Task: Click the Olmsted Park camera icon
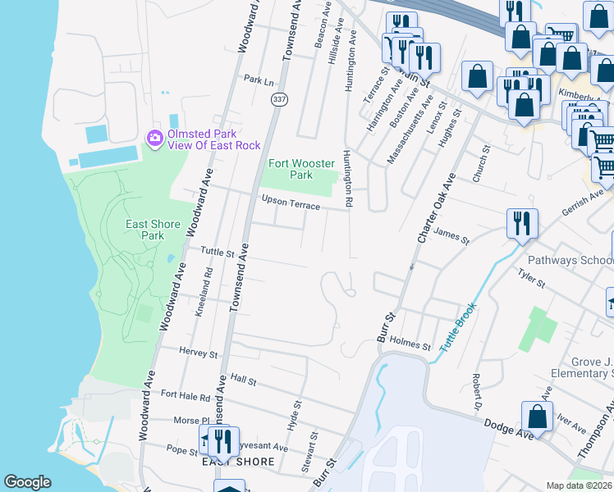[x=154, y=139]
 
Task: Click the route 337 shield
[x=278, y=99]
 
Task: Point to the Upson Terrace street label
[x=291, y=203]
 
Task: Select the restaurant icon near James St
[x=522, y=222]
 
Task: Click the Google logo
[x=28, y=482]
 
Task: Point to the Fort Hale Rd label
[x=186, y=395]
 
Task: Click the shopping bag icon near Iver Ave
[x=536, y=417]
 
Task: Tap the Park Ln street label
[x=259, y=80]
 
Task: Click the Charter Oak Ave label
[x=435, y=208]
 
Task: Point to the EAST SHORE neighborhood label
[x=237, y=462]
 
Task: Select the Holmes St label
[x=410, y=345]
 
